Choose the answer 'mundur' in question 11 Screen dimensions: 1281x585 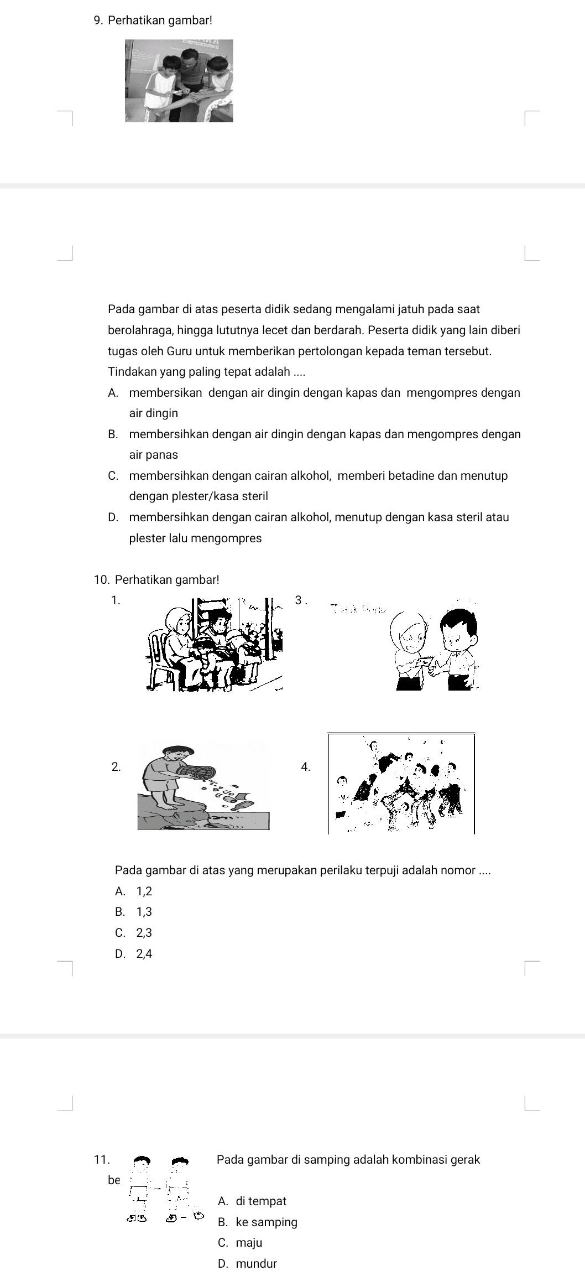tap(255, 1263)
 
